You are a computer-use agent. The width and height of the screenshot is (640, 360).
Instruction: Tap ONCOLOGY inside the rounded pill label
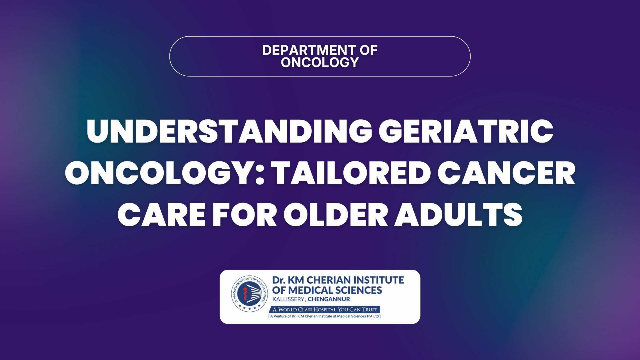click(320, 62)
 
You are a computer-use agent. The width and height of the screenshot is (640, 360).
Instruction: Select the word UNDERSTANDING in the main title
click(229, 131)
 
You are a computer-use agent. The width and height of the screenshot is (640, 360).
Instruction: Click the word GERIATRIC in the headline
click(466, 131)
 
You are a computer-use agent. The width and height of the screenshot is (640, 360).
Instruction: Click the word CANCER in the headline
click(506, 173)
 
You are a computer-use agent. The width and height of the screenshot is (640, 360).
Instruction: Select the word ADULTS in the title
click(459, 215)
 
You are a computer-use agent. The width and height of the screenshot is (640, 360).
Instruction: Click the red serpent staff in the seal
click(245, 294)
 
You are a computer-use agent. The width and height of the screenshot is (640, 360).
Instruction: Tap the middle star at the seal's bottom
click(249, 309)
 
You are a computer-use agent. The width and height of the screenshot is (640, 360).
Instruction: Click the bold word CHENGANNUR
click(329, 299)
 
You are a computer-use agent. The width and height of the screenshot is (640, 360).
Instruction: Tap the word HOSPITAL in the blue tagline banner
click(325, 309)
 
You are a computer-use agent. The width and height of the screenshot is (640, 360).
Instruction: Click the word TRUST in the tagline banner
click(370, 309)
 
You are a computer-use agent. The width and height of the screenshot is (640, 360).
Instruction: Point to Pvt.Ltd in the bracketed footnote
click(373, 316)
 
